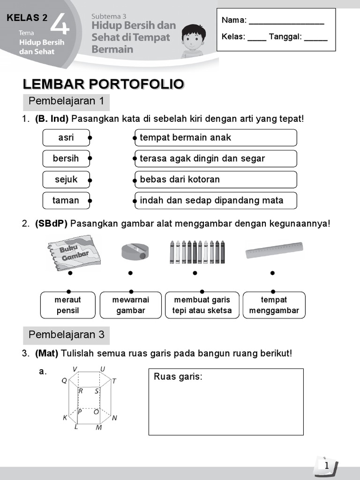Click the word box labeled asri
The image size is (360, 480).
point(66,138)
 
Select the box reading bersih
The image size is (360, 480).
point(66,158)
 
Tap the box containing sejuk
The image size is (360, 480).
point(66,180)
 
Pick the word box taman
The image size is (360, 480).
point(66,200)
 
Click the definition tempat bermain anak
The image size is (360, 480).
point(216,138)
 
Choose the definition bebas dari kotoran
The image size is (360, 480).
point(216,180)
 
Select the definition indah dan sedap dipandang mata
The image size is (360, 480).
point(216,200)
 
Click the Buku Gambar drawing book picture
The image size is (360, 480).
point(70,252)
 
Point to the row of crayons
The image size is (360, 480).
point(197,252)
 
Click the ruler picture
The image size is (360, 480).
point(274,250)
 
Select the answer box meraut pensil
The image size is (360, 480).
point(68,305)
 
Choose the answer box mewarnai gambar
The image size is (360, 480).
point(131,305)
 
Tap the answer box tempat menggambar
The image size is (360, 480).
point(274,305)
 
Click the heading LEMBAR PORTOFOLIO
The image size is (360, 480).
point(104,84)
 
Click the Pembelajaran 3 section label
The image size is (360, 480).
point(67,335)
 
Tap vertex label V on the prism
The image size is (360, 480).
point(75,369)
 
